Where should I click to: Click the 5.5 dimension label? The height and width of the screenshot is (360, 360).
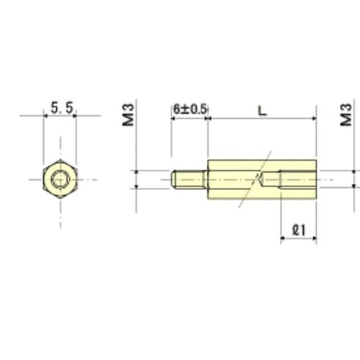pyautogui.click(x=62, y=108)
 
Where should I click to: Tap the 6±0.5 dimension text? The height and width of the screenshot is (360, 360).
pyautogui.click(x=190, y=109)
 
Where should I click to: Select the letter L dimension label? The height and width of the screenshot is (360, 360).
pyautogui.click(x=262, y=111)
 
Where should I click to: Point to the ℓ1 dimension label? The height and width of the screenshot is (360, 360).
pyautogui.click(x=299, y=230)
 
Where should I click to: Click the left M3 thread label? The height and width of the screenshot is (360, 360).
pyautogui.click(x=128, y=114)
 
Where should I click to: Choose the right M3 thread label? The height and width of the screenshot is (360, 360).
pyautogui.click(x=346, y=114)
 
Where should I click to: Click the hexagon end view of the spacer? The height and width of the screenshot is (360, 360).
pyautogui.click(x=60, y=179)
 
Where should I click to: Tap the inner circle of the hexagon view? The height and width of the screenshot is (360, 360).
pyautogui.click(x=60, y=179)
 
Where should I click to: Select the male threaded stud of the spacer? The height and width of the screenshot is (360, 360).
pyautogui.click(x=189, y=179)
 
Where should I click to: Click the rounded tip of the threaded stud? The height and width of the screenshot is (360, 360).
pyautogui.click(x=174, y=179)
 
